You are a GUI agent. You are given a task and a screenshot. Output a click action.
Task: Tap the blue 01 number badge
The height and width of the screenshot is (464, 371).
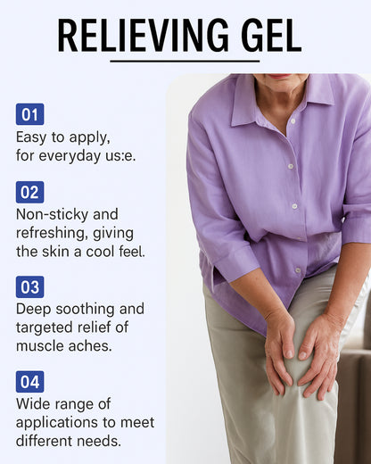pos(29,114)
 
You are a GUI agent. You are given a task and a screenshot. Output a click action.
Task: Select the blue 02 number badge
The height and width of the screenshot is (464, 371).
pos(29,192)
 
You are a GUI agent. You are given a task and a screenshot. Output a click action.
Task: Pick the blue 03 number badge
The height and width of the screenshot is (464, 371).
pos(29,286)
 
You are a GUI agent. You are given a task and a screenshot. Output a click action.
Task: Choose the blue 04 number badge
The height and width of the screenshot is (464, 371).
pos(29,382)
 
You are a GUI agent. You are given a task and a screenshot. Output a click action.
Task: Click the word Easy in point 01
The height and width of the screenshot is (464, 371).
pos(33,137)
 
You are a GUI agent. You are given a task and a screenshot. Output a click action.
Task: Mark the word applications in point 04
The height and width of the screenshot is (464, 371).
pos(55,422)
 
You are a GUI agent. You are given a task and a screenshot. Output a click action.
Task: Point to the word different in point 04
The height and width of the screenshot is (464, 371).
pos(45,441)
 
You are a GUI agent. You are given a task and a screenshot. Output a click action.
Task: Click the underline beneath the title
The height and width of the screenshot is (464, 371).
pos(185,62)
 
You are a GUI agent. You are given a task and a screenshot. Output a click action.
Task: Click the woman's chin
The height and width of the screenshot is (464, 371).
pos(278,79)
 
